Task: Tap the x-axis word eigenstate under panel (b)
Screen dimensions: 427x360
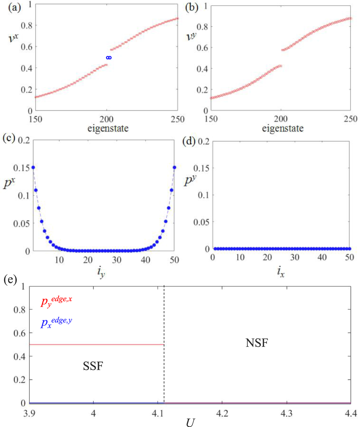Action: [x=283, y=129]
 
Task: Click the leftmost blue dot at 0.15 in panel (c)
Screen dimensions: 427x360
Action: [x=33, y=167]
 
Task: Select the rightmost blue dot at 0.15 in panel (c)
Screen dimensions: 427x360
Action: [x=174, y=167]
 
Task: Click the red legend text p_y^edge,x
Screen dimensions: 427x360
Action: [x=56, y=302]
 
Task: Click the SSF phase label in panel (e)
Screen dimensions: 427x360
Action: [x=93, y=366]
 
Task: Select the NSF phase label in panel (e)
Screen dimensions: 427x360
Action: [x=257, y=343]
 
